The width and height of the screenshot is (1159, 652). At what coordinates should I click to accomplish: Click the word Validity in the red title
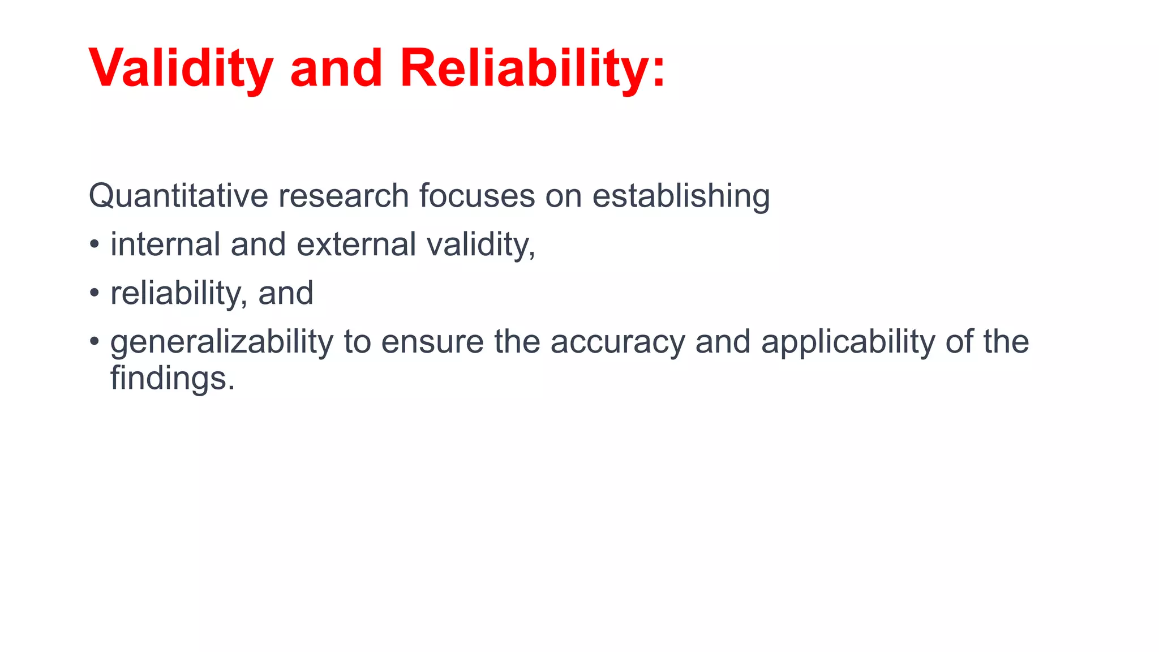pos(181,68)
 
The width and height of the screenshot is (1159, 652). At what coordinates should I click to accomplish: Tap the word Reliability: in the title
pos(532,68)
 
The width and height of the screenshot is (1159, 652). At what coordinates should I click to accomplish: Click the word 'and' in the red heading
pos(336,68)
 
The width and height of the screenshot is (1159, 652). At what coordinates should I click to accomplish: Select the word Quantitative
pos(178,196)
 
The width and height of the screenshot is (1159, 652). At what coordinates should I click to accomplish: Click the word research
pos(343,196)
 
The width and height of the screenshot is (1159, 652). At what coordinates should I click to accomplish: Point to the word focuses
pos(477,196)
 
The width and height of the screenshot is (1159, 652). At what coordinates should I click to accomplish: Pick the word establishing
pos(680,196)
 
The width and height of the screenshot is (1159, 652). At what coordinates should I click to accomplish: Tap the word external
pos(356,244)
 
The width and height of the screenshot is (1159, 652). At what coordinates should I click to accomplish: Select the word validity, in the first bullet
pos(480,244)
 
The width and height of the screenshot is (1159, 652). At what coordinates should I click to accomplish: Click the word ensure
pos(432,342)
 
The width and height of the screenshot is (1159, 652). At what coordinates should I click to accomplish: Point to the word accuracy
pos(617,342)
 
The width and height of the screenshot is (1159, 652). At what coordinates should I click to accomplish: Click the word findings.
pos(172,378)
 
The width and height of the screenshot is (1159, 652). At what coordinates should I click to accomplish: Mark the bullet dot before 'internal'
pos(94,245)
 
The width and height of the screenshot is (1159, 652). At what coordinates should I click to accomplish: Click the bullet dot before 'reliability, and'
pos(94,294)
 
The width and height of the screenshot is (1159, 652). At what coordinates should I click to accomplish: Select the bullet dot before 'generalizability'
pos(94,342)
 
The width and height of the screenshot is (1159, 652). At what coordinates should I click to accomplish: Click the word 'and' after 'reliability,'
pos(286,293)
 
